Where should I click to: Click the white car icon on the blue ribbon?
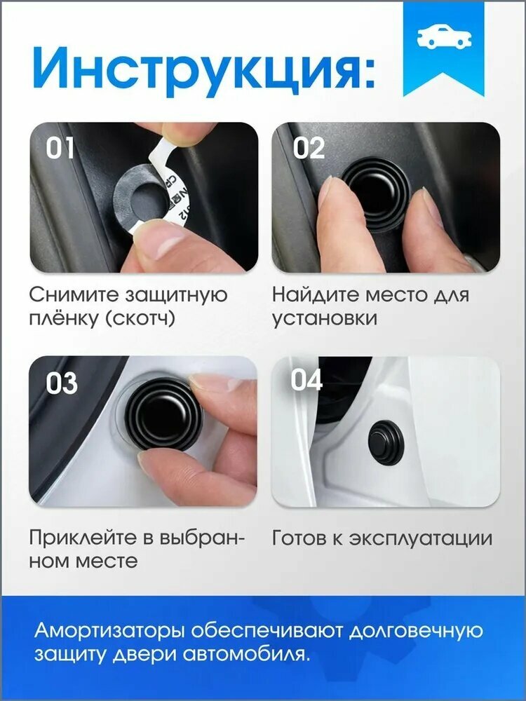(444, 36)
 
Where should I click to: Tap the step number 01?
(60, 148)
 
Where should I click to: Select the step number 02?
(308, 148)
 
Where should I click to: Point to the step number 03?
(62, 383)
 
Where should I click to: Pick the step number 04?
(306, 380)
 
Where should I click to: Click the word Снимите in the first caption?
(75, 295)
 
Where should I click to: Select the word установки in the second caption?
(325, 319)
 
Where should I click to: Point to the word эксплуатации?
(420, 538)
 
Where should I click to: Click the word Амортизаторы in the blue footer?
(109, 631)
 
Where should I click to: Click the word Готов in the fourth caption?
(299, 538)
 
